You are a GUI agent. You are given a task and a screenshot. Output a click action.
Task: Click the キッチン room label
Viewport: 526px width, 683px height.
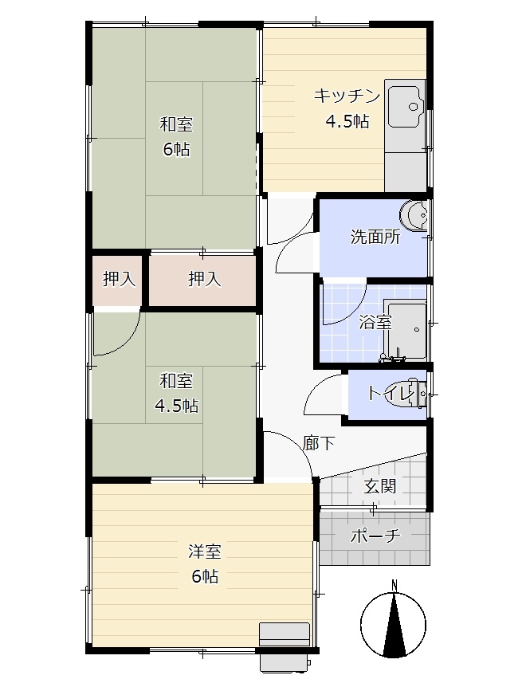pos(347,96)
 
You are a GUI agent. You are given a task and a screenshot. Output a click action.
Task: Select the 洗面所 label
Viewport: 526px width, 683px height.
pos(375,237)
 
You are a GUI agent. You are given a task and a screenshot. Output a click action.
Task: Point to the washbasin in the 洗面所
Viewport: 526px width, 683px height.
pos(414,214)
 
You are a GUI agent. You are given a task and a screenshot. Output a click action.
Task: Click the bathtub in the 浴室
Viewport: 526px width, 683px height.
pos(405,330)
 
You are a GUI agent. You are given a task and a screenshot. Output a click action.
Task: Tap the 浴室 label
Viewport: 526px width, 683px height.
pos(375,322)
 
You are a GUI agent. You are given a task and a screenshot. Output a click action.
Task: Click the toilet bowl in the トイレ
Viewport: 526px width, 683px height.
pos(416,394)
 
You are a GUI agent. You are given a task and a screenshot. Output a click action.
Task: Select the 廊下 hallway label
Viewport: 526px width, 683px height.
pos(319,443)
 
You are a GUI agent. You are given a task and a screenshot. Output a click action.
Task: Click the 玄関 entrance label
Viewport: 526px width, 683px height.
pos(379,485)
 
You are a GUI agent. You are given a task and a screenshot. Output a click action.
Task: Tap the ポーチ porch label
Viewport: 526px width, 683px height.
pos(375,536)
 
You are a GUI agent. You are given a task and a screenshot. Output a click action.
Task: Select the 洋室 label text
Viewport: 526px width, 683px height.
pos(205,552)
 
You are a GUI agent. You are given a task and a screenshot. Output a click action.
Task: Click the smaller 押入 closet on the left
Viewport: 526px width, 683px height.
pos(119,279)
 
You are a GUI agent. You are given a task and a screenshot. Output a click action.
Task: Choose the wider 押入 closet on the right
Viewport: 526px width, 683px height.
pos(204,279)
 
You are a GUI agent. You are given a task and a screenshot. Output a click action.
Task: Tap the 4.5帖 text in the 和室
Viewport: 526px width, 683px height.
pos(176,406)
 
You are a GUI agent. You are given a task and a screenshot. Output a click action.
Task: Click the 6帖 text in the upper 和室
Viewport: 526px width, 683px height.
pos(176,150)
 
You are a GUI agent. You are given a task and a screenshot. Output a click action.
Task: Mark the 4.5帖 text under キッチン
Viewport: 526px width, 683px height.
pos(347,121)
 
